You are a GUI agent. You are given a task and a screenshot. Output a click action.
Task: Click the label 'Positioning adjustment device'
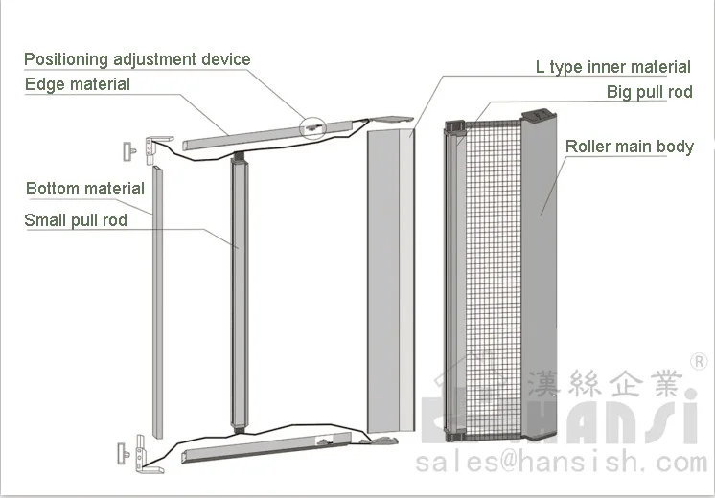(x=137, y=59)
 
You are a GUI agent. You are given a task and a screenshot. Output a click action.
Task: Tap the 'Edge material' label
(x=78, y=84)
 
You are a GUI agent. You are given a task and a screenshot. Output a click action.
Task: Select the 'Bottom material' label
(x=85, y=188)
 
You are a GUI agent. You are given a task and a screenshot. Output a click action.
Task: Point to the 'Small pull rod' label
(x=76, y=220)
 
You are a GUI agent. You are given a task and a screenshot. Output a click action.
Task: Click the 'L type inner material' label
(x=612, y=67)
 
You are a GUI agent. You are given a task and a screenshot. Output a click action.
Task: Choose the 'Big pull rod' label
(x=649, y=92)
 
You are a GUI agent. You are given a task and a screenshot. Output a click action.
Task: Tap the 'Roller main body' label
(x=629, y=147)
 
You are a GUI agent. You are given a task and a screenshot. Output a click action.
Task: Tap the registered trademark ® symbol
(x=699, y=362)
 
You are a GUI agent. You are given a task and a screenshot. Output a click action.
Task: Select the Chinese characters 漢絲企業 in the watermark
(x=604, y=384)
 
